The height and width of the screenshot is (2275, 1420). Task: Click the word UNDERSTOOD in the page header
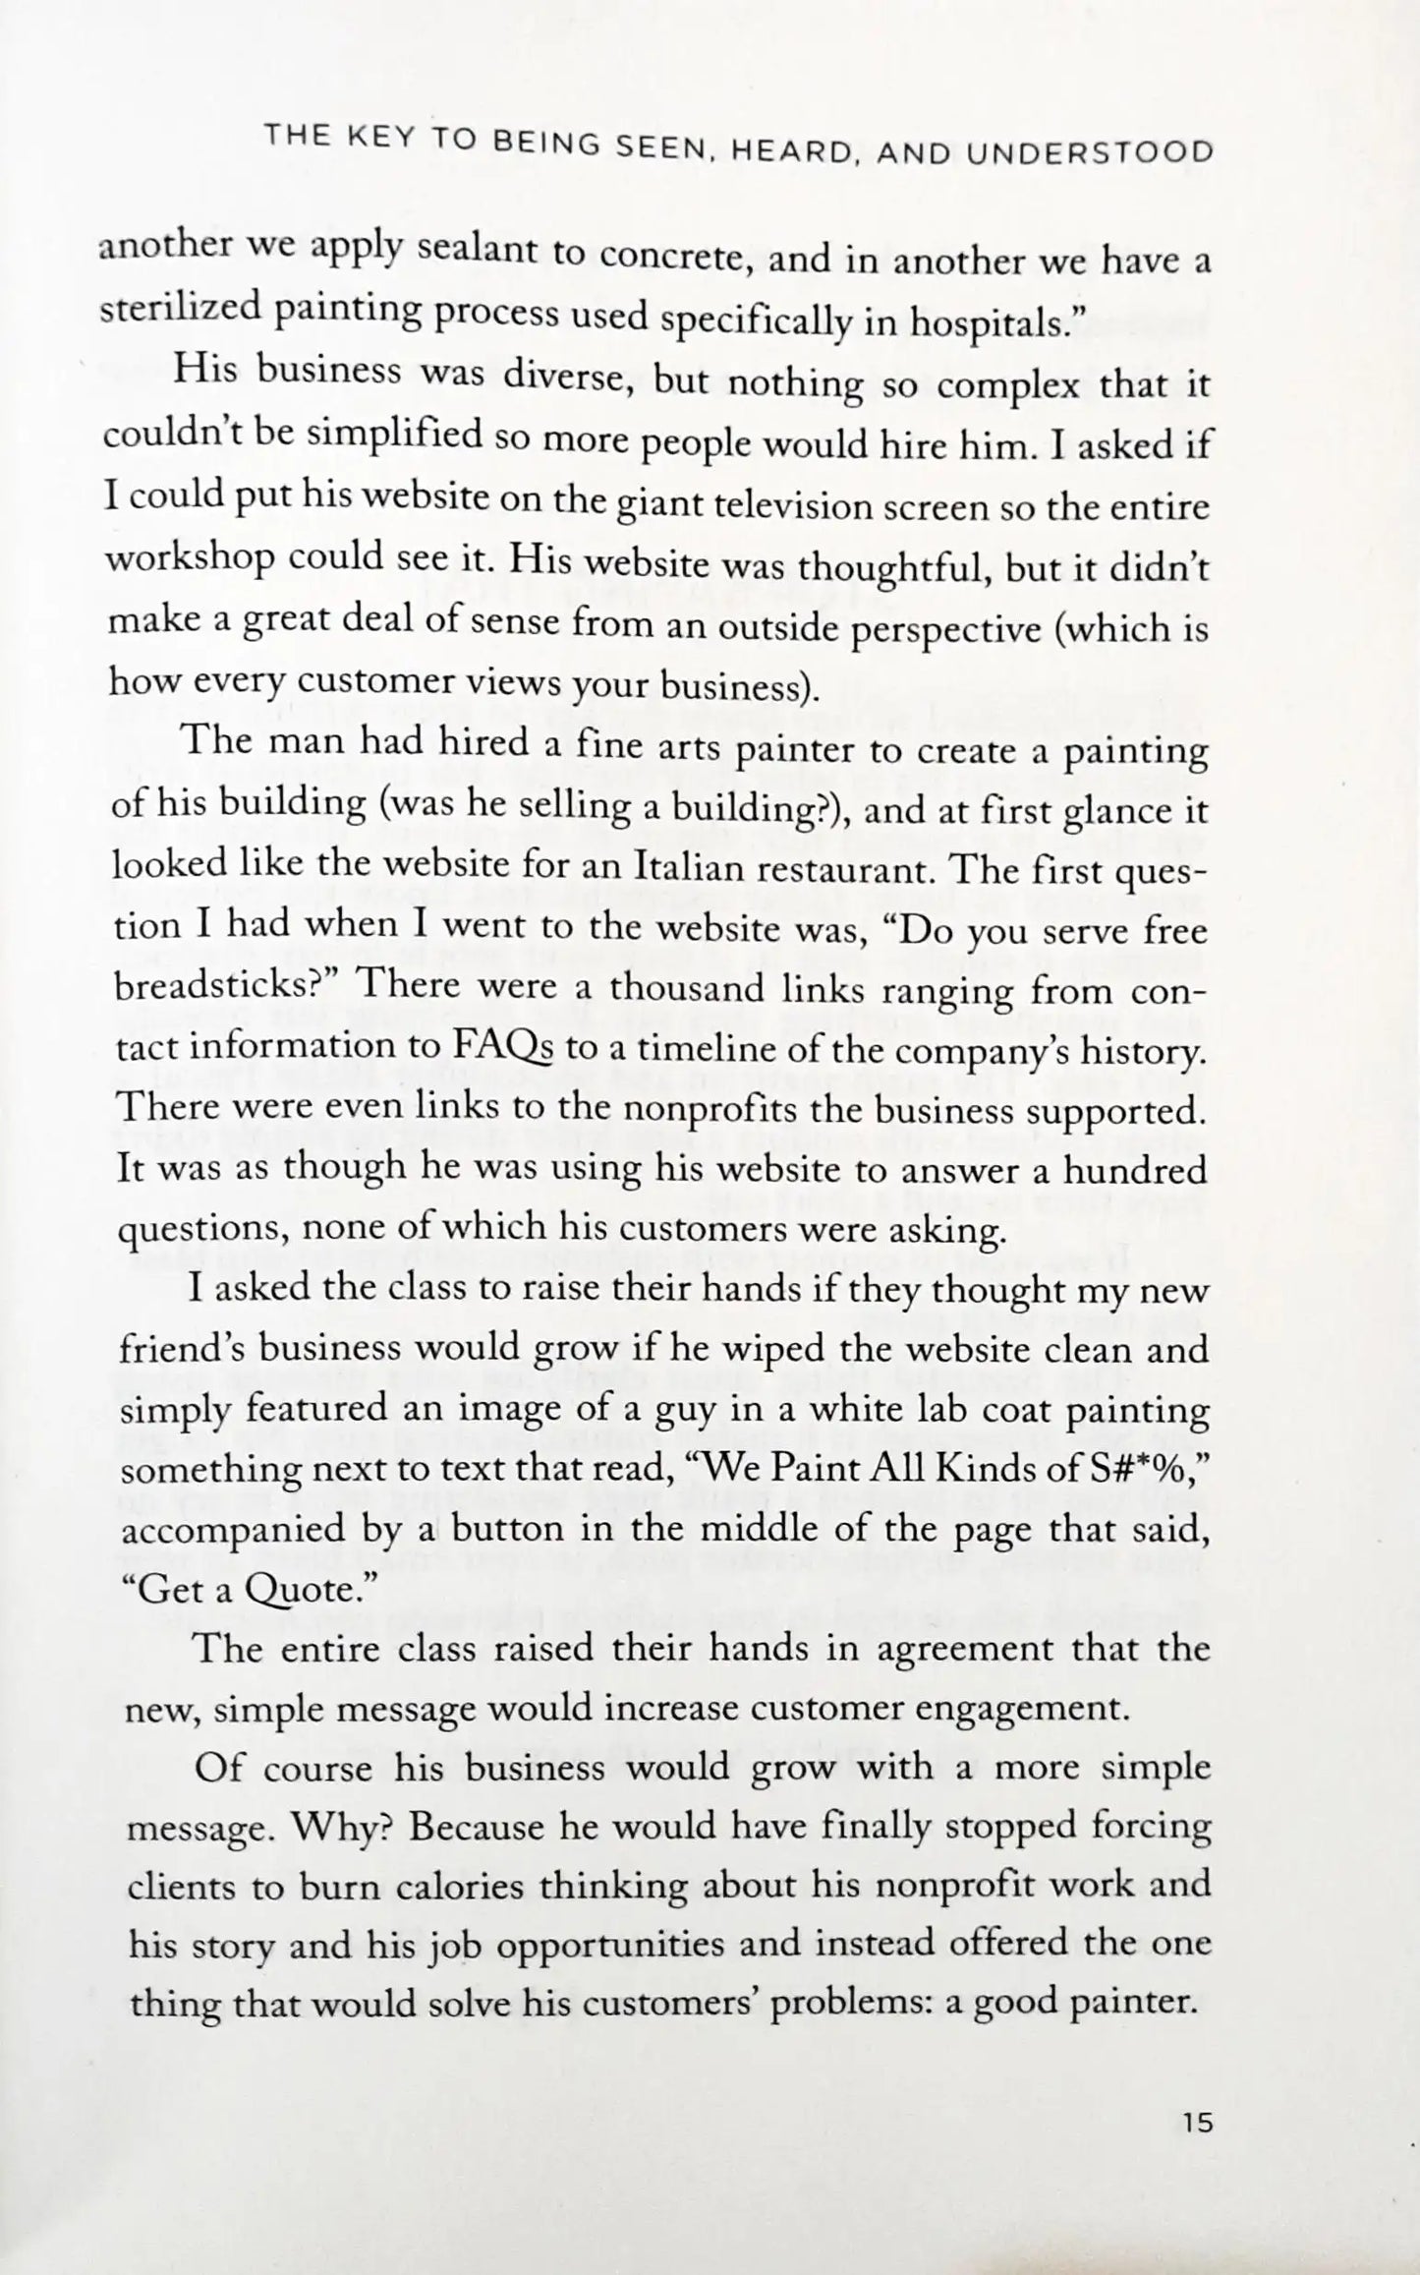coord(1090,152)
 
